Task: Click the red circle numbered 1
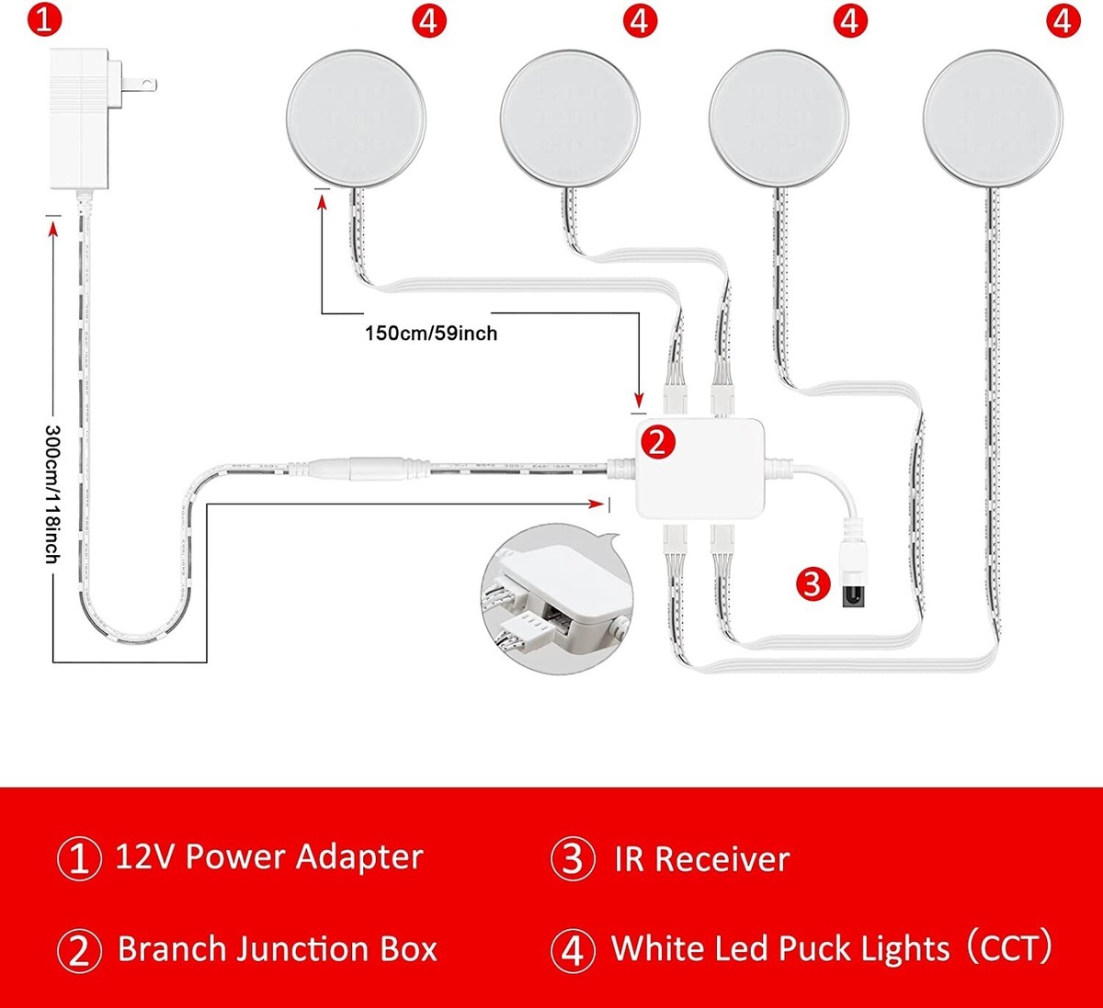tap(44, 19)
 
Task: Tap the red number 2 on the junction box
tap(656, 443)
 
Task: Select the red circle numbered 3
tap(812, 583)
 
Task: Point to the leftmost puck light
tap(356, 119)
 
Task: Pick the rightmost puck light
tap(993, 119)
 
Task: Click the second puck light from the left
tap(570, 119)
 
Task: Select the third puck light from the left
tap(779, 119)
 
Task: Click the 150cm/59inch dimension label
tap(430, 333)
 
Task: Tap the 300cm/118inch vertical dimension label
tap(52, 493)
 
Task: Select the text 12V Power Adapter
tap(268, 857)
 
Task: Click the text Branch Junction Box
tap(277, 949)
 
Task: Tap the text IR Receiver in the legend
tap(702, 859)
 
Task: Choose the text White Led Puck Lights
tap(780, 948)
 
